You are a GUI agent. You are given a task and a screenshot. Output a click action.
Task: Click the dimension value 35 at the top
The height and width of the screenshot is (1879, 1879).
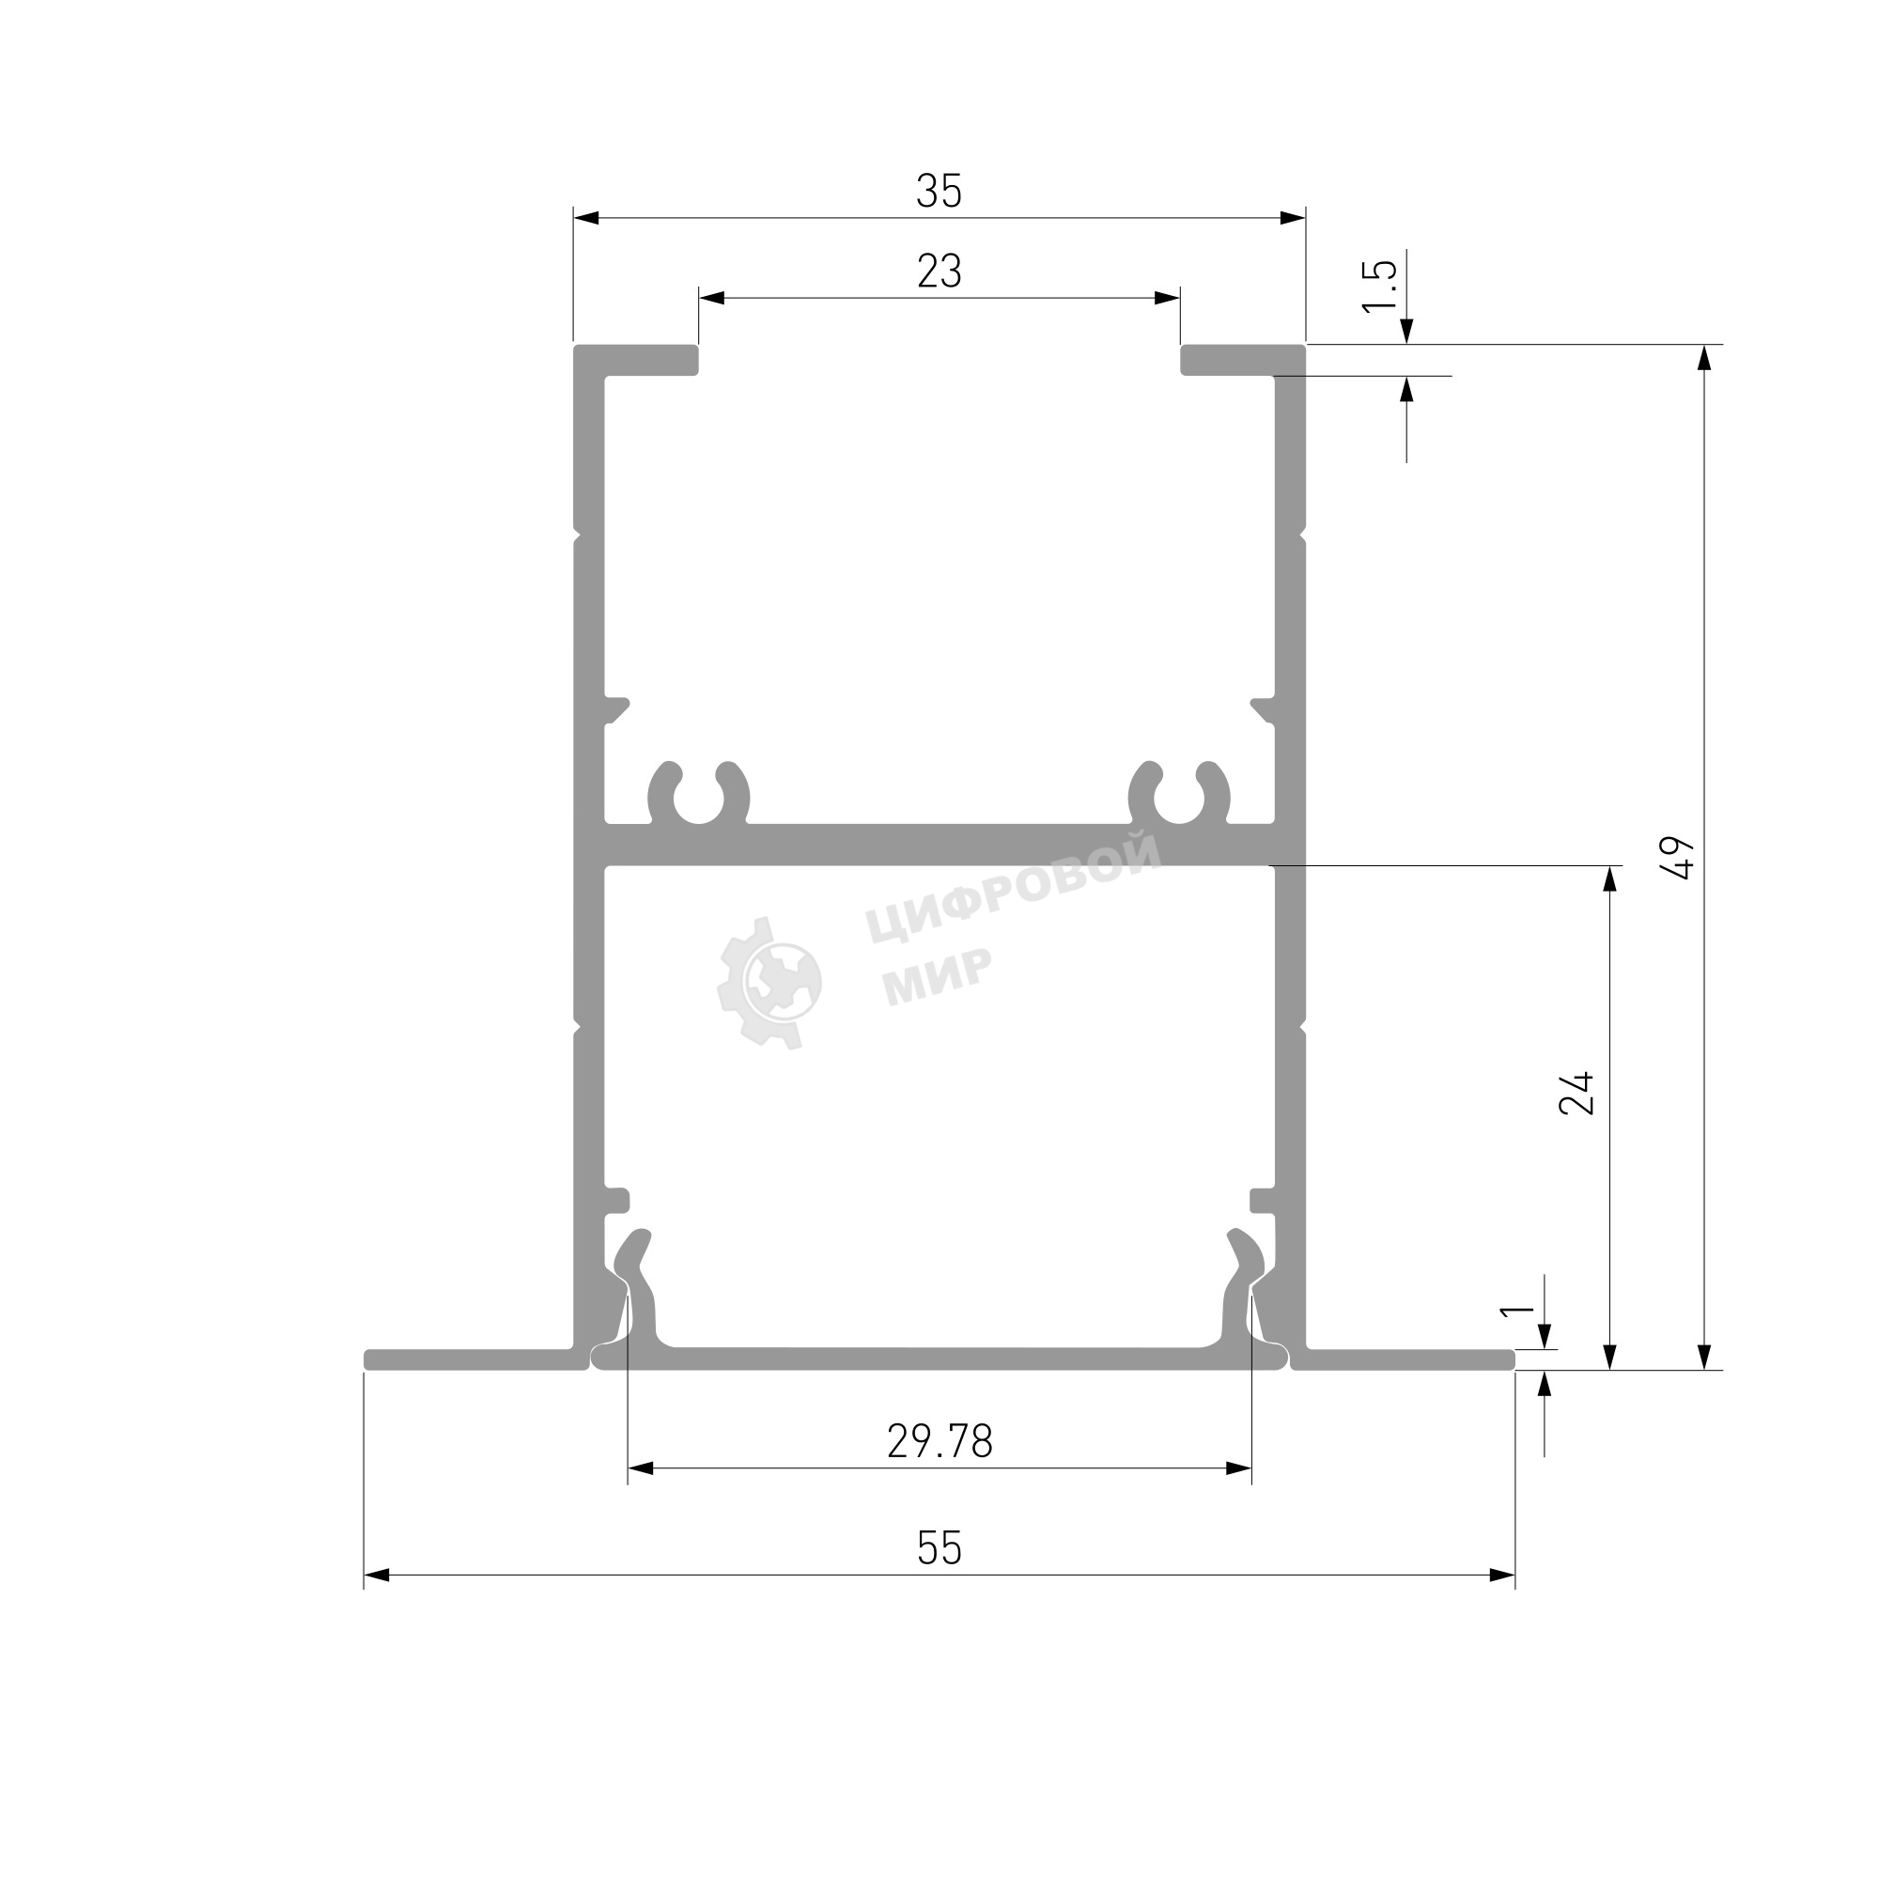click(939, 191)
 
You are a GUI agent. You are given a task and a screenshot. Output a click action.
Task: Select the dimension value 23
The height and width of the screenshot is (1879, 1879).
click(939, 272)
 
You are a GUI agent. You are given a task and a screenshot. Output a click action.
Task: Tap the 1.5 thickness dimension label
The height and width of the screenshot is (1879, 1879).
click(1380, 286)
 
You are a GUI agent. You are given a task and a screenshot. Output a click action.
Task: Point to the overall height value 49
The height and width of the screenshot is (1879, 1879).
click(1680, 857)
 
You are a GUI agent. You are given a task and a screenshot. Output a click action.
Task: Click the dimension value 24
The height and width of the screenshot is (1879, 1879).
click(1576, 1093)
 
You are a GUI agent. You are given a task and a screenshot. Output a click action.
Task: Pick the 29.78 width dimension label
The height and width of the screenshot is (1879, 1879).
click(939, 1441)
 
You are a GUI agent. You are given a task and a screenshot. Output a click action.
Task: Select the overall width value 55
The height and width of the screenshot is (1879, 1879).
click(939, 1548)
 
